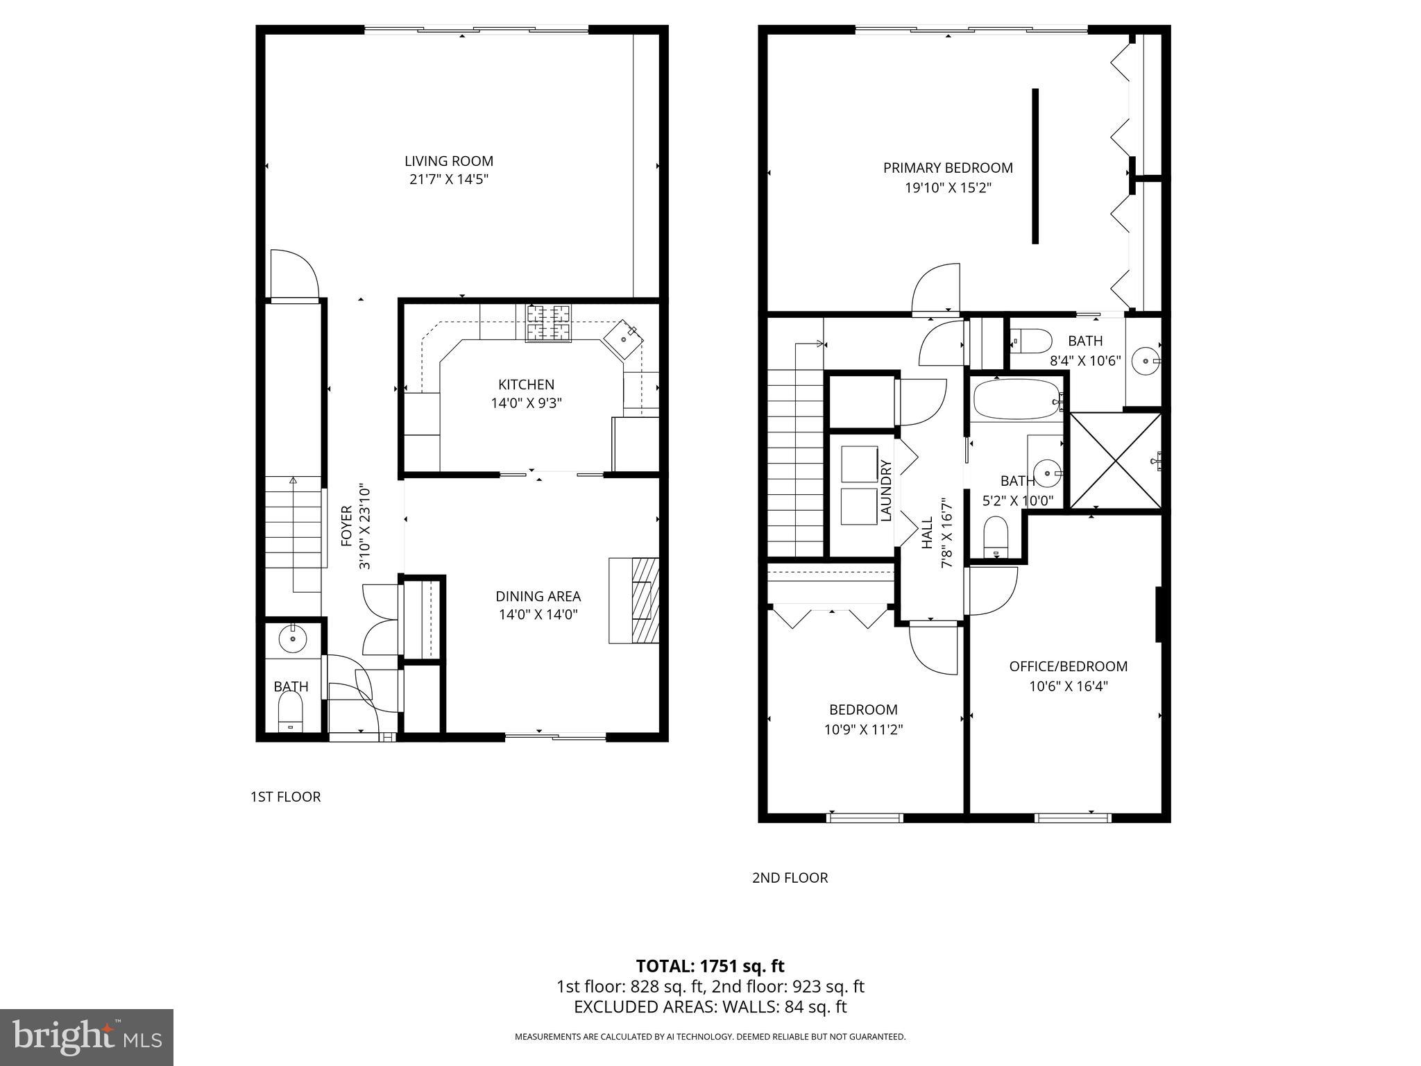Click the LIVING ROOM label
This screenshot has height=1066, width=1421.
(449, 161)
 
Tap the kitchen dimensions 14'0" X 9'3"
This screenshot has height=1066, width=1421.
(526, 403)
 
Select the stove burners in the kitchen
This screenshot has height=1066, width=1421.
(549, 323)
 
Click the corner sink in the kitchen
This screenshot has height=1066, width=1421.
(622, 339)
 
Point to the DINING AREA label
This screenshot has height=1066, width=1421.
(538, 596)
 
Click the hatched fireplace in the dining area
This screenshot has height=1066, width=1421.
(645, 600)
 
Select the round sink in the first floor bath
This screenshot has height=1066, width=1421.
(293, 638)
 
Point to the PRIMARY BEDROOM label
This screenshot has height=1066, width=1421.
(948, 168)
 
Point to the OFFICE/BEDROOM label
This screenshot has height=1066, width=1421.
(1068, 666)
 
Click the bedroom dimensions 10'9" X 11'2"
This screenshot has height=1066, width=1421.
(863, 729)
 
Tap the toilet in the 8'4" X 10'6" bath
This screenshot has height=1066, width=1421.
(1030, 341)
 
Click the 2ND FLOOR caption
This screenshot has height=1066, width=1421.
(790, 878)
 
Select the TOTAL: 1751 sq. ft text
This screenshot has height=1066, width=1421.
(710, 966)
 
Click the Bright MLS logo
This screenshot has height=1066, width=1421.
(87, 1037)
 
